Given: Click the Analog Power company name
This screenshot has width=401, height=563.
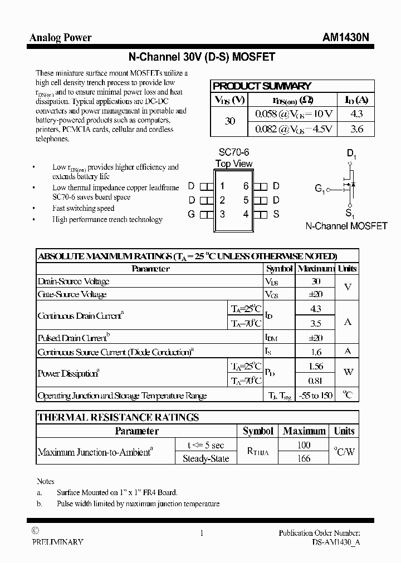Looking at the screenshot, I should tap(60, 38).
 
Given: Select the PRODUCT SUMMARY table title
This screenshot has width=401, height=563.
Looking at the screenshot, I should tap(262, 86).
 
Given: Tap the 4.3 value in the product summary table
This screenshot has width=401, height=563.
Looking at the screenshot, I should tap(357, 113).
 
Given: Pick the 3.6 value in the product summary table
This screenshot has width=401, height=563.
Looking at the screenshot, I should tap(357, 129).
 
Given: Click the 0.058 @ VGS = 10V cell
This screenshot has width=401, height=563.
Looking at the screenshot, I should tap(294, 113).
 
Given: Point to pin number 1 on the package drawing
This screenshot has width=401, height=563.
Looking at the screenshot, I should tap(222, 186).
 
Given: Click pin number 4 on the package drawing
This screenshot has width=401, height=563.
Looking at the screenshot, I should tap(246, 214).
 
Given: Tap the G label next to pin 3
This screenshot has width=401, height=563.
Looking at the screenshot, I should tap(191, 214).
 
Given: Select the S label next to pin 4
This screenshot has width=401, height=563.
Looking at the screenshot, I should tap(276, 214).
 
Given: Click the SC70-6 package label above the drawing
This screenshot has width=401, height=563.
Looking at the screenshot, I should tap(234, 152).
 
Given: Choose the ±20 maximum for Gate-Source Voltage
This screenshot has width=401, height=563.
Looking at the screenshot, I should tap(315, 294).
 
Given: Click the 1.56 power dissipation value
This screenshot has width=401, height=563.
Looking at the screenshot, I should tap(315, 367).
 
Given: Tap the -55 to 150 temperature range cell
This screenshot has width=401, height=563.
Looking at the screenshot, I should tap(315, 396).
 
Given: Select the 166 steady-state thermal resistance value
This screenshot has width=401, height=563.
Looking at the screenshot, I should tap(304, 458).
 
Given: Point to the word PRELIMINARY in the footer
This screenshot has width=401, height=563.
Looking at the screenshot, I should tap(57, 542).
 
